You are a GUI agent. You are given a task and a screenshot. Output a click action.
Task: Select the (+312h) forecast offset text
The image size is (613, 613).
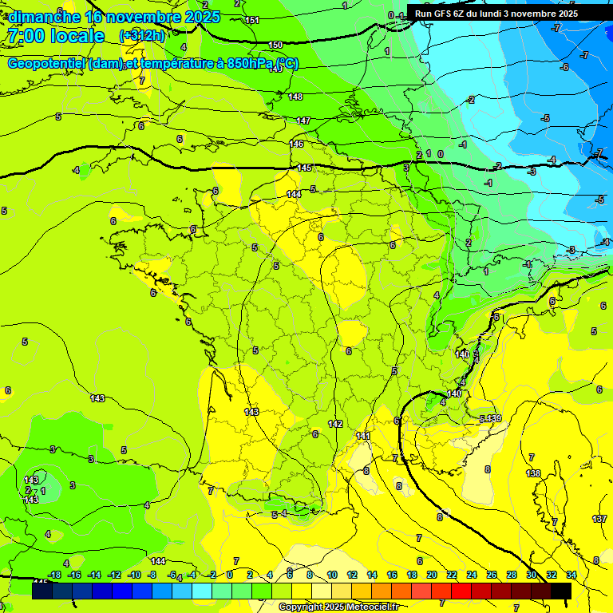click(141, 36)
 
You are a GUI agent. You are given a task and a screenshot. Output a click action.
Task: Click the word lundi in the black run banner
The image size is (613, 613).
click(503, 14)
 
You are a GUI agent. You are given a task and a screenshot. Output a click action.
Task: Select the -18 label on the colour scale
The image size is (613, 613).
click(54, 575)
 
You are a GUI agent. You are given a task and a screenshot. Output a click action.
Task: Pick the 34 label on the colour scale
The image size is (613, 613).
click(571, 575)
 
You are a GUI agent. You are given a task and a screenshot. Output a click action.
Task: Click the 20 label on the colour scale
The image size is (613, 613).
click(432, 575)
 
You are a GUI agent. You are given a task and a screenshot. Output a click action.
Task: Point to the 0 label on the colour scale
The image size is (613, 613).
click(229, 575)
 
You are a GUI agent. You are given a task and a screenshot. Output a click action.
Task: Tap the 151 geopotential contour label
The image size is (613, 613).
click(252, 20)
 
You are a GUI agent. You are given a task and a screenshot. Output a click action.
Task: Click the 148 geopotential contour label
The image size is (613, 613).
click(295, 97)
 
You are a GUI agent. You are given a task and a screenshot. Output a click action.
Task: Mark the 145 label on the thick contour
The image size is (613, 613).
click(304, 168)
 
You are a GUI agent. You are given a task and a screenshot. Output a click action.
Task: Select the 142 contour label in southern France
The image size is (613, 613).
click(335, 424)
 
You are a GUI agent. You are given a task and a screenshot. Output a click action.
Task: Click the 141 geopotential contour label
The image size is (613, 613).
click(362, 436)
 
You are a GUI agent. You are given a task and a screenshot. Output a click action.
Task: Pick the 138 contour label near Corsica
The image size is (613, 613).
click(533, 473)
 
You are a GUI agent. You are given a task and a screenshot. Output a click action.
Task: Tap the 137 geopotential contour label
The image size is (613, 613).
click(599, 519)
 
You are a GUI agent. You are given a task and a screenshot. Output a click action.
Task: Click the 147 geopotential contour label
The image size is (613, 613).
click(303, 121)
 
